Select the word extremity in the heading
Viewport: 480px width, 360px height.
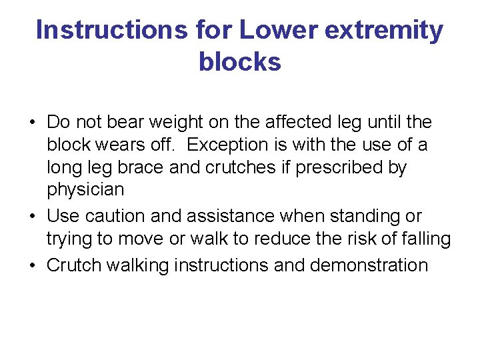[386, 31]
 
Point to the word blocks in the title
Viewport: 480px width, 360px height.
[240, 62]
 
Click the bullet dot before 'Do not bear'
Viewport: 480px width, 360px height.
[31, 123]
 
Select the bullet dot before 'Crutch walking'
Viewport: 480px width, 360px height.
[31, 266]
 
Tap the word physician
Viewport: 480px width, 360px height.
[85, 190]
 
